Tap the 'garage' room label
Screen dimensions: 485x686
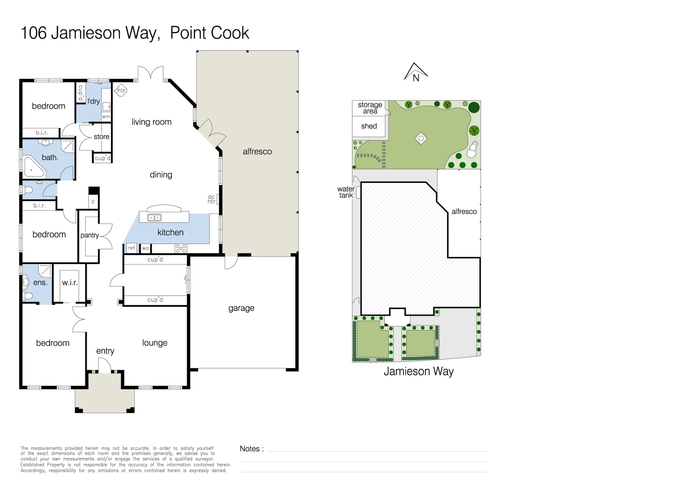click(x=241, y=308)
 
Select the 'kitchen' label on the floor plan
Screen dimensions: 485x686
click(x=170, y=232)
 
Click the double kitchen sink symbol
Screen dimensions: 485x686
click(x=154, y=218)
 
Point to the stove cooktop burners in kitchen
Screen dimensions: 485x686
click(x=181, y=248)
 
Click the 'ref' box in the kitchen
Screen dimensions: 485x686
click(x=131, y=248)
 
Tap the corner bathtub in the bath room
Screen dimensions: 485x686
click(x=33, y=167)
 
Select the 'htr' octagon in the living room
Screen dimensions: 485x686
click(x=121, y=90)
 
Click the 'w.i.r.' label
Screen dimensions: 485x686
click(x=70, y=282)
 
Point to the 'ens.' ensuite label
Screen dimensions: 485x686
click(x=40, y=282)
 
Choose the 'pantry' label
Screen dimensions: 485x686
click(x=89, y=235)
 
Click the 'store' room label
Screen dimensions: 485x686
click(x=101, y=137)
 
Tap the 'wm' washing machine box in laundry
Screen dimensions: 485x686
click(x=106, y=117)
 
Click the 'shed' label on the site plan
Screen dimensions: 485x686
click(x=369, y=126)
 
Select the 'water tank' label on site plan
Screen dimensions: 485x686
click(x=346, y=192)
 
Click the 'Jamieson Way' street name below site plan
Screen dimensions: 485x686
click(x=418, y=371)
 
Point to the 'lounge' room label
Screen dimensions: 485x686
click(x=154, y=343)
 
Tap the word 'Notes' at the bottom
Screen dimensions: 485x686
click(x=250, y=449)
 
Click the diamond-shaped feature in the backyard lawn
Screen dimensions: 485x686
click(x=421, y=138)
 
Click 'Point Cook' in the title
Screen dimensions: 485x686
click(x=209, y=33)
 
